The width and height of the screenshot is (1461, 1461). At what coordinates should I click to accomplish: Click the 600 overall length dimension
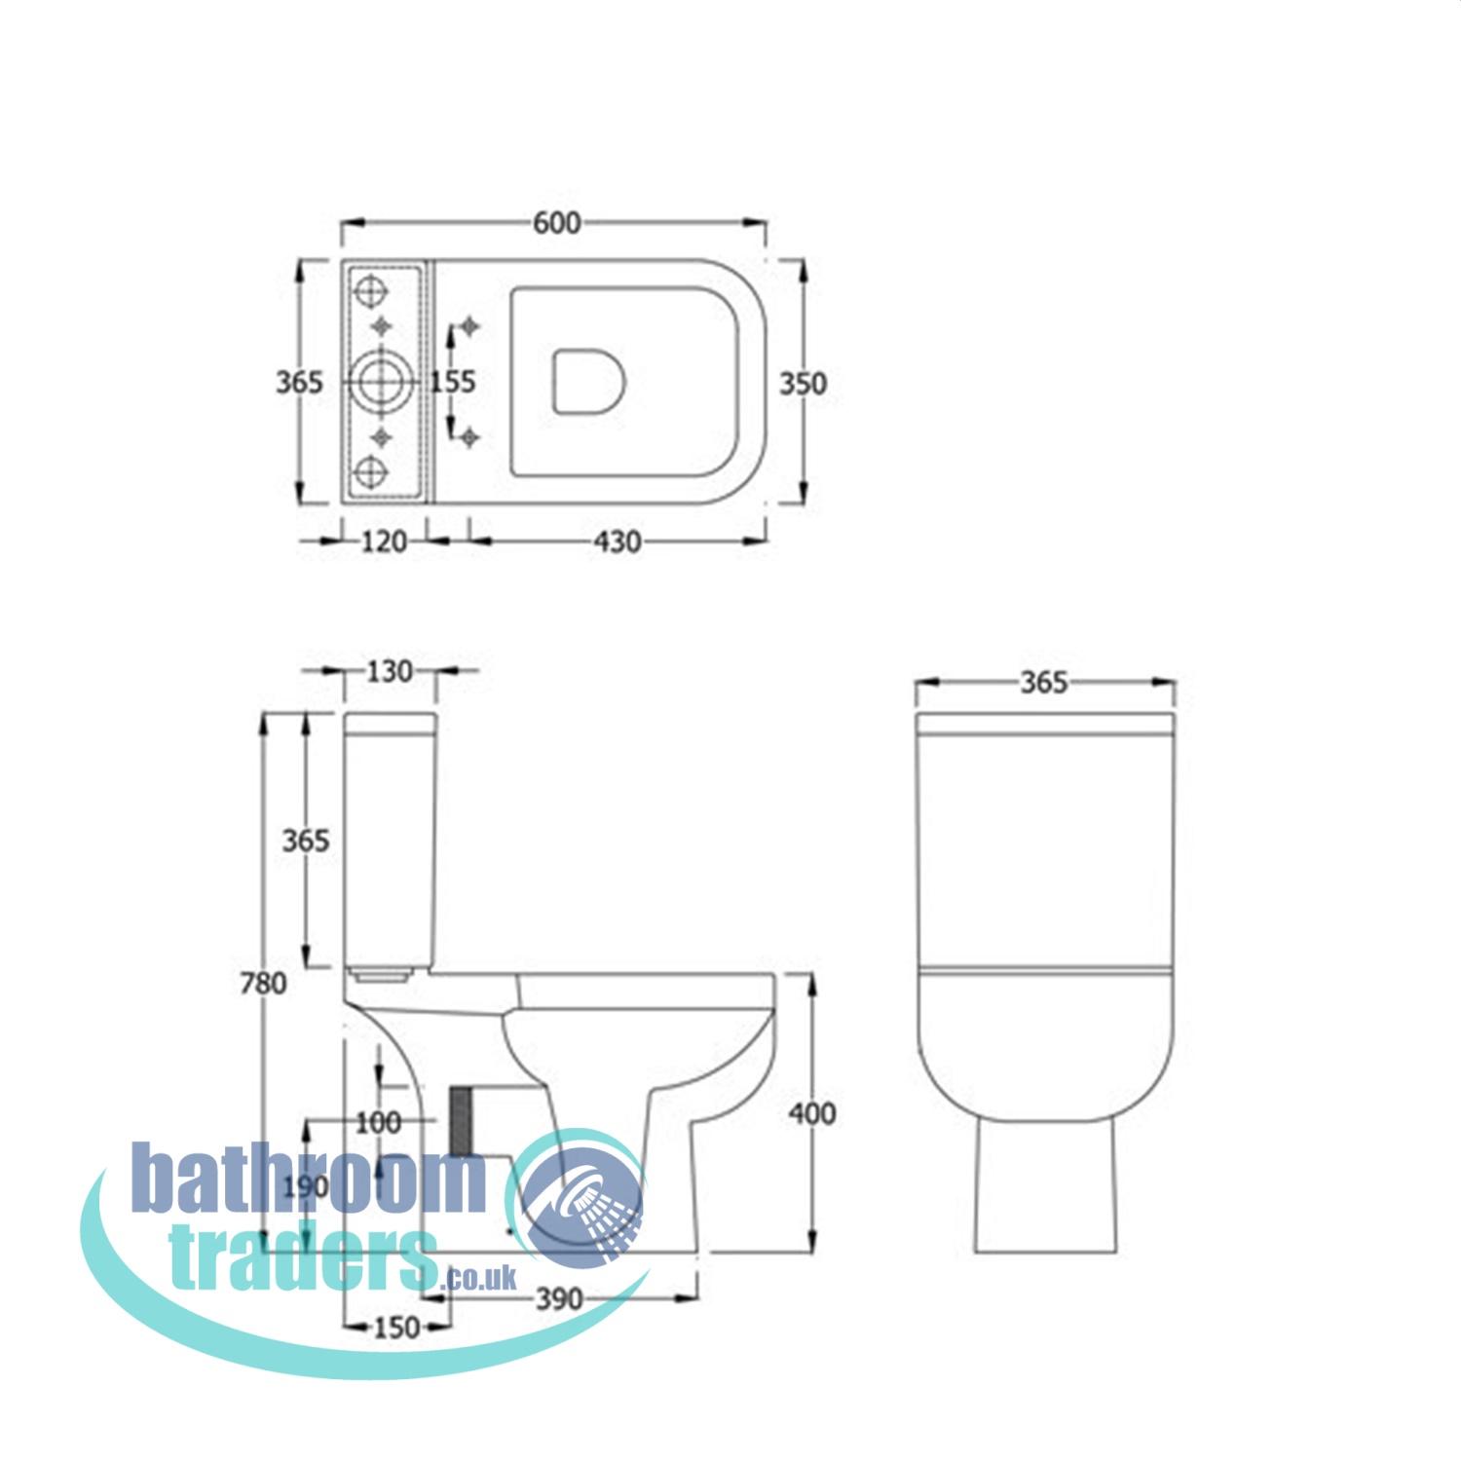[556, 223]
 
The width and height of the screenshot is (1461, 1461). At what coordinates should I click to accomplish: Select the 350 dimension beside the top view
[803, 384]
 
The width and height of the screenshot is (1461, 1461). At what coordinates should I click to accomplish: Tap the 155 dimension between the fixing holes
[453, 381]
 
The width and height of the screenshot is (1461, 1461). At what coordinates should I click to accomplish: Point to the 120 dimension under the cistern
[384, 542]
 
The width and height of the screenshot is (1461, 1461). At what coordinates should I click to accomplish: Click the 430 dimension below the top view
[618, 542]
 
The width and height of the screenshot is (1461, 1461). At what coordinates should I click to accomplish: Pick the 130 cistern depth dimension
[389, 672]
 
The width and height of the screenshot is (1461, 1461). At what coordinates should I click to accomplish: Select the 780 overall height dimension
[263, 984]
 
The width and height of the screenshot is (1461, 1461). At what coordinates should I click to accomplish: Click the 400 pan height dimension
[811, 1113]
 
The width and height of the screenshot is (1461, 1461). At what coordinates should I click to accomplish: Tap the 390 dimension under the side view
[559, 1298]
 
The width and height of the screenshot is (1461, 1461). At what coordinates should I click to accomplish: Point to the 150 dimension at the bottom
[396, 1328]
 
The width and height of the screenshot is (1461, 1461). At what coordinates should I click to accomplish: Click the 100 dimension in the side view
[378, 1123]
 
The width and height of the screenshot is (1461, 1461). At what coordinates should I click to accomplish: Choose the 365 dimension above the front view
[1044, 683]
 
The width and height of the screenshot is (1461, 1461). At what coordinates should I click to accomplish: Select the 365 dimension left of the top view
[298, 383]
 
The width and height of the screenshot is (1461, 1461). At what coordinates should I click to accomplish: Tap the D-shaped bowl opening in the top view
[588, 381]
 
